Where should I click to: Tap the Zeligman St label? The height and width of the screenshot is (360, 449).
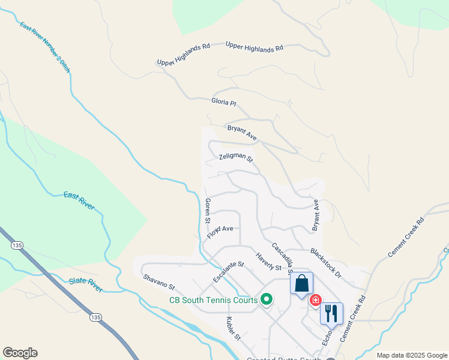(x=236, y=158)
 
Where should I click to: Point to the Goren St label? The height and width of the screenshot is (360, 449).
(x=208, y=211)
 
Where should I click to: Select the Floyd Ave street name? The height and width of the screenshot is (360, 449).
(x=220, y=232)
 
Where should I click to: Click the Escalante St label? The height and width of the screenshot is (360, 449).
(x=229, y=272)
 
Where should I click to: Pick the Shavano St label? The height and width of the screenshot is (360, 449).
(x=158, y=281)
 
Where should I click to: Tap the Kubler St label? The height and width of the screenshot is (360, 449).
(x=233, y=328)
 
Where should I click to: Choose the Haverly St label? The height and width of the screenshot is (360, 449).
(x=268, y=262)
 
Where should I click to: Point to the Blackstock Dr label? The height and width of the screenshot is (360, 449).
(x=326, y=262)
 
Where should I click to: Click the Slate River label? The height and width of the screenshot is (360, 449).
(x=85, y=281)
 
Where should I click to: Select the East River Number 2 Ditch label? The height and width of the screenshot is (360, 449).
(x=45, y=47)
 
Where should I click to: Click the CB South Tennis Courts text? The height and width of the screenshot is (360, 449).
(x=213, y=300)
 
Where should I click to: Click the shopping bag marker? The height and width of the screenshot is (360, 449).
(x=301, y=283)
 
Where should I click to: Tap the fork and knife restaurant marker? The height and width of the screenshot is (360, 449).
(x=331, y=313)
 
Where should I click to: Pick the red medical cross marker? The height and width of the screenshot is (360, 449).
(x=315, y=300)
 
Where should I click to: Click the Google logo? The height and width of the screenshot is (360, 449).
(x=20, y=353)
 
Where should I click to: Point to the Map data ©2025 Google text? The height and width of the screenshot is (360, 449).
(x=412, y=355)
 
